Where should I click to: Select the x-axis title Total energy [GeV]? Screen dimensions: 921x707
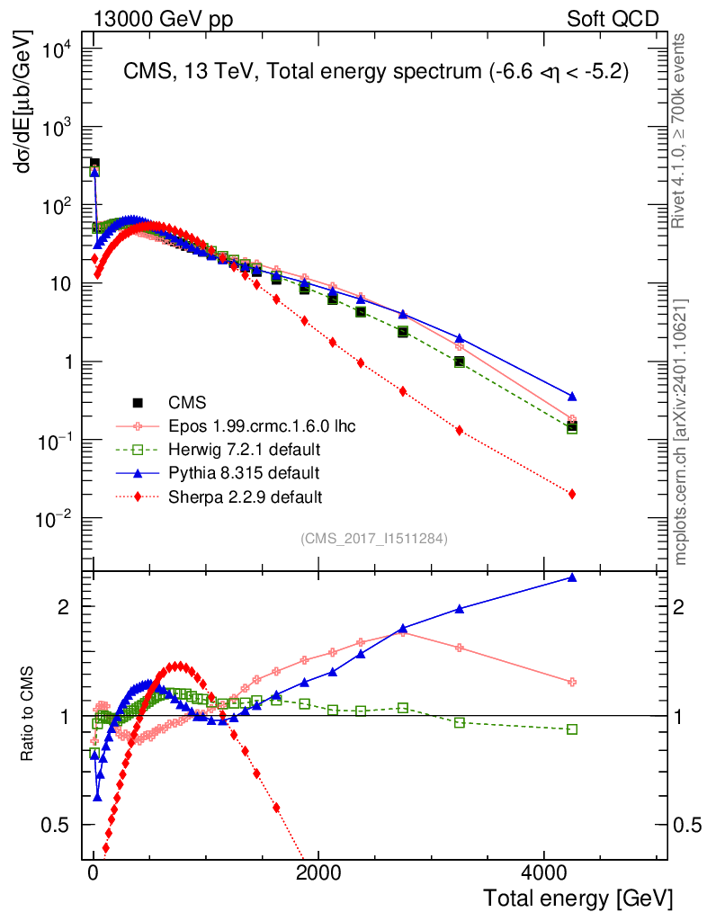pos(577,899)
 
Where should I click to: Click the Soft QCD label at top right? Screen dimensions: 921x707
pos(613,19)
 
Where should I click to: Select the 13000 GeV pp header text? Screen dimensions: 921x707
pos(162,19)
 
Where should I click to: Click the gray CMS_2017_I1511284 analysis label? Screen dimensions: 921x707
pos(374,539)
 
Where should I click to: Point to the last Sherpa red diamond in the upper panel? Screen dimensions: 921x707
pos(571,494)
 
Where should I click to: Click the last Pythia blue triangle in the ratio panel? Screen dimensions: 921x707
pos(571,577)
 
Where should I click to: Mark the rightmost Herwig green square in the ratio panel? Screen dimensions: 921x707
pos(571,729)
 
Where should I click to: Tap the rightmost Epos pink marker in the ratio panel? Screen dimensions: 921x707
pos(571,682)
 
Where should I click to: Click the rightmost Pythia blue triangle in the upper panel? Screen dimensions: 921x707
pos(571,396)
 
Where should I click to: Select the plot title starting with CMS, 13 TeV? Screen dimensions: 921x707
pos(375,73)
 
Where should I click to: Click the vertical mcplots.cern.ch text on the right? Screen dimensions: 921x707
pos(681,432)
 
